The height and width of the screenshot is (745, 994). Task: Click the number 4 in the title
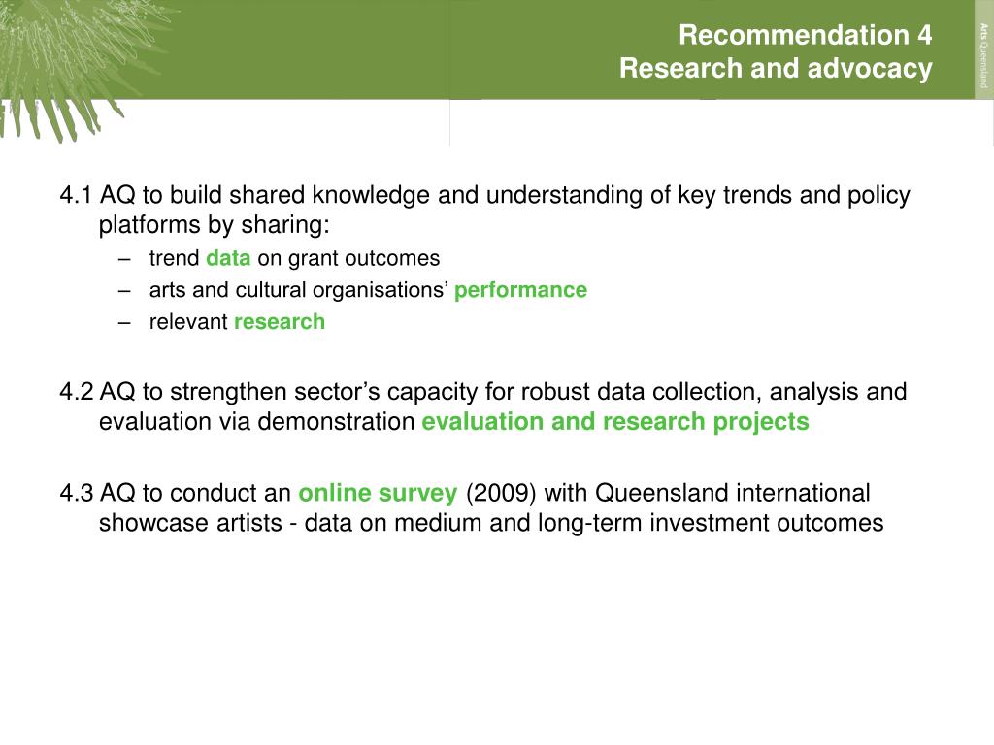click(x=924, y=35)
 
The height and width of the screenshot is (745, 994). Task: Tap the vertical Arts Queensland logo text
click(x=983, y=55)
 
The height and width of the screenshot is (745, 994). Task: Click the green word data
click(x=228, y=258)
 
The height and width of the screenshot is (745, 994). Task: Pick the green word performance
click(x=520, y=290)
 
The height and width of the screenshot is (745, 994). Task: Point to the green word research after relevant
click(x=280, y=321)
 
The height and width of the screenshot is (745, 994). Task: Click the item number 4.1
click(x=76, y=194)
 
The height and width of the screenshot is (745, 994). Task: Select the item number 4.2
click(x=77, y=392)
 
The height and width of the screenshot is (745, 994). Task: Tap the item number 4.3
click(x=77, y=493)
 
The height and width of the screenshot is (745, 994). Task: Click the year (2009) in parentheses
click(x=501, y=493)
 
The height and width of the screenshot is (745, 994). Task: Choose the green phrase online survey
click(x=378, y=493)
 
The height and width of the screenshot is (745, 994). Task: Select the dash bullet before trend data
click(x=124, y=259)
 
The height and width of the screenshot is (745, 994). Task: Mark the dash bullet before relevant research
click(x=124, y=322)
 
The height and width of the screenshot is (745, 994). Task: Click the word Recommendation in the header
click(x=794, y=35)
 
